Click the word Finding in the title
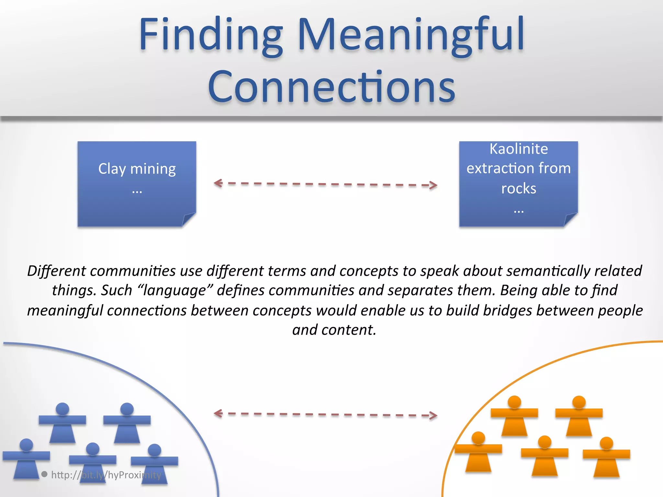[x=211, y=35]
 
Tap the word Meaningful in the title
[x=410, y=35]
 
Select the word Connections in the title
[x=331, y=87]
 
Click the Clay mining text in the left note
[x=137, y=169]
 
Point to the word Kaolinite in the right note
[x=519, y=149]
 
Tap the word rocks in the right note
[x=519, y=189]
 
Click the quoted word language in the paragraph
[x=175, y=291]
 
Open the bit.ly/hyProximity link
[x=106, y=475]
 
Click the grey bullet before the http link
[x=45, y=474]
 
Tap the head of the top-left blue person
[x=62, y=409]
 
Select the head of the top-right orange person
[x=579, y=402]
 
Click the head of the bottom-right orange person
[x=606, y=443]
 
